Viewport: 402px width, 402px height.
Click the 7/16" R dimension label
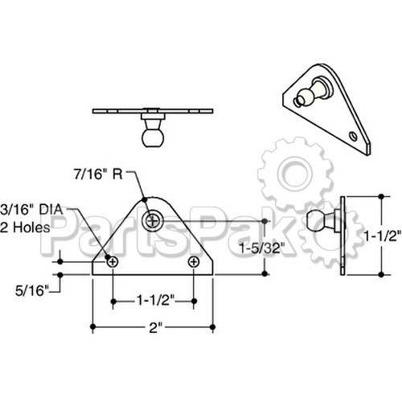98,174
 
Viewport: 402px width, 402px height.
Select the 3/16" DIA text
31,210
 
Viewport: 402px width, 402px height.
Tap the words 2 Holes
25,228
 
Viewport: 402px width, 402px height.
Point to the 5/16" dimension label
32,291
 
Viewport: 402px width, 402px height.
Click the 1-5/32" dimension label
261,248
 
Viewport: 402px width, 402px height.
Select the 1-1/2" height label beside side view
382,236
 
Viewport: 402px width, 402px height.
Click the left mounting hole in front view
113,261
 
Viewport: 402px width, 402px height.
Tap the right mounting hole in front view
194,261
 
